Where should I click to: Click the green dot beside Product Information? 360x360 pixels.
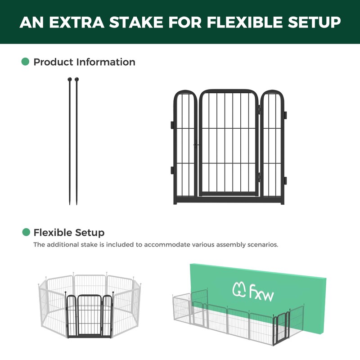coord(26,62)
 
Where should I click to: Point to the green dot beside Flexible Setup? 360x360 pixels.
coord(26,232)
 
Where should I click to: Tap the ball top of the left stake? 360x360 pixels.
coord(70,80)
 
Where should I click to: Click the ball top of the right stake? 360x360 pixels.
coord(76,80)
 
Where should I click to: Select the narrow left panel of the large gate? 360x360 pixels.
coord(185,144)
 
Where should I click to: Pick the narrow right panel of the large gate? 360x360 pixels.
coord(273,144)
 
